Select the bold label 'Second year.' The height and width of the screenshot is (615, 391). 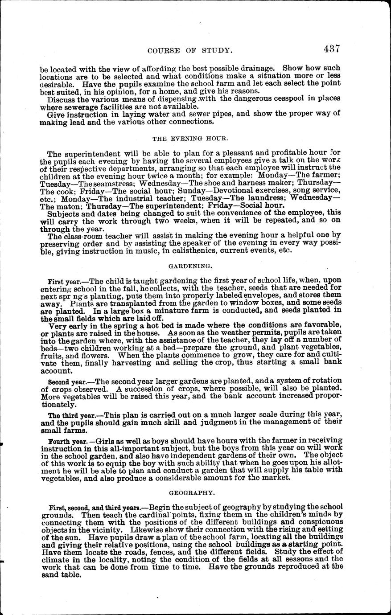tap(66, 382)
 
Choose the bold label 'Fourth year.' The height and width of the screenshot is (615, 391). tap(66, 441)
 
